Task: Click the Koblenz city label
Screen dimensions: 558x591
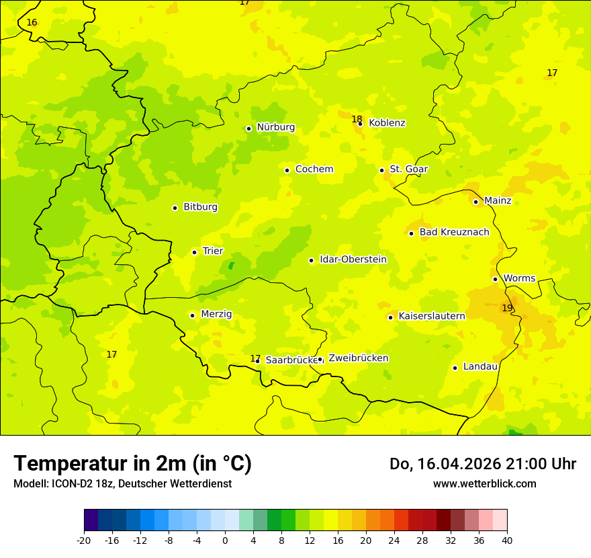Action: point(387,123)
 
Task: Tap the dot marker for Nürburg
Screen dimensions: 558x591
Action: point(248,128)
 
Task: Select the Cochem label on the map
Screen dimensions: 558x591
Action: point(314,169)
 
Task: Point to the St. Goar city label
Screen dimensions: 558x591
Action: point(408,169)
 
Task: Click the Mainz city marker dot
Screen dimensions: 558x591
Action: point(475,202)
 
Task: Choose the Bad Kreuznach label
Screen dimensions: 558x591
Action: point(454,233)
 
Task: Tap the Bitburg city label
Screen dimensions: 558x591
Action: point(200,207)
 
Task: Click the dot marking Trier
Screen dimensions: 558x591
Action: point(194,252)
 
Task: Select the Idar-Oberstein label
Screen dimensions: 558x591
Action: point(353,260)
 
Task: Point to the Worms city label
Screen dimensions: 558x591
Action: point(519,278)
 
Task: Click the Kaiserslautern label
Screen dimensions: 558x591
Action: point(432,316)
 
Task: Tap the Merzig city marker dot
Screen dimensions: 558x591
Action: point(192,315)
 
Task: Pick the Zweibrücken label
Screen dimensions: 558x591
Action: point(358,358)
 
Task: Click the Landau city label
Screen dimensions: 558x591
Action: point(480,366)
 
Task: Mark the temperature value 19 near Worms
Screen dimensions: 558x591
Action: point(507,308)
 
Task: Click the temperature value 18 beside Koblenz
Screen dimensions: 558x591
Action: point(357,119)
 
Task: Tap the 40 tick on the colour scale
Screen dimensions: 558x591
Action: point(507,541)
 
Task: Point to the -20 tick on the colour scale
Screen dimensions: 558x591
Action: point(84,541)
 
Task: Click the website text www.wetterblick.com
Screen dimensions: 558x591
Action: point(484,484)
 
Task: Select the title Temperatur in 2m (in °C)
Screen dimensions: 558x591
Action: point(132,464)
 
